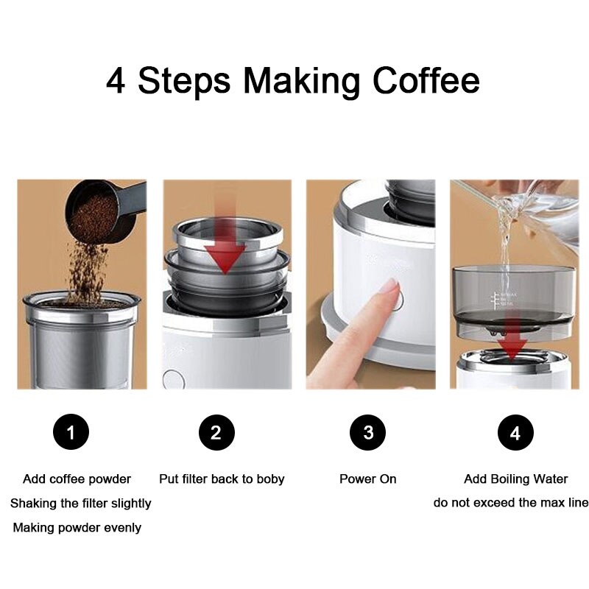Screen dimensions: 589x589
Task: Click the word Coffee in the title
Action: [426, 80]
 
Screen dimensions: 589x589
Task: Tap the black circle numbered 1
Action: [71, 432]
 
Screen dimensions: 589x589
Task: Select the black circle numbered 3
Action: [367, 432]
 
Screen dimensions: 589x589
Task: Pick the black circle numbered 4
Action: [515, 432]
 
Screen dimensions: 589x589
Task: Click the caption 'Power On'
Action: [367, 479]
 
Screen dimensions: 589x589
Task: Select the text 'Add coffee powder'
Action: [77, 479]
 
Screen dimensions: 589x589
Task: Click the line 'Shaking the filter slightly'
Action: [80, 504]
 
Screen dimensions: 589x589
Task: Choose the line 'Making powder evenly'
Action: [77, 528]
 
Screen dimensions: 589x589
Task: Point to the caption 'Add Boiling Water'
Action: [515, 479]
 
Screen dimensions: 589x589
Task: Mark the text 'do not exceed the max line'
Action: [511, 504]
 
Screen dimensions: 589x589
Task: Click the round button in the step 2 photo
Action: [173, 380]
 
